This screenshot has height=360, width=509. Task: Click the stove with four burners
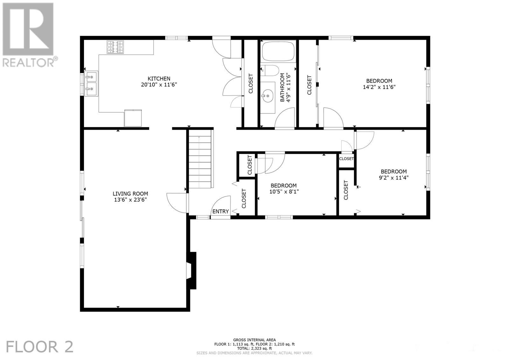click(115, 47)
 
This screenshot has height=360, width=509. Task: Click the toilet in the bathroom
click(270, 70)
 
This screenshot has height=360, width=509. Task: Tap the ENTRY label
click(220, 212)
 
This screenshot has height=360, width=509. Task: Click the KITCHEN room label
click(159, 79)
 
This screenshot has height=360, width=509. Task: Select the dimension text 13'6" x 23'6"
click(130, 200)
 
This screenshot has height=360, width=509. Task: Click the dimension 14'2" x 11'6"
click(379, 87)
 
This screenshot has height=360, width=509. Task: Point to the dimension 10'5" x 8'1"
click(283, 192)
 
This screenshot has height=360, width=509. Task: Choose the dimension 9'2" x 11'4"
click(394, 178)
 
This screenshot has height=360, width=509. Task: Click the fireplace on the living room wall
click(192, 270)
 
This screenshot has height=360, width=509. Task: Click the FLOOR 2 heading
click(40, 347)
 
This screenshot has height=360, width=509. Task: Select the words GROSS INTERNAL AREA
click(254, 340)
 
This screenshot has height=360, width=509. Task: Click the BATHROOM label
click(282, 88)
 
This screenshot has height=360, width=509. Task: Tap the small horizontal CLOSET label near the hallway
click(346, 159)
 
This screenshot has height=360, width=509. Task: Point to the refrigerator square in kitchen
click(133, 118)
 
